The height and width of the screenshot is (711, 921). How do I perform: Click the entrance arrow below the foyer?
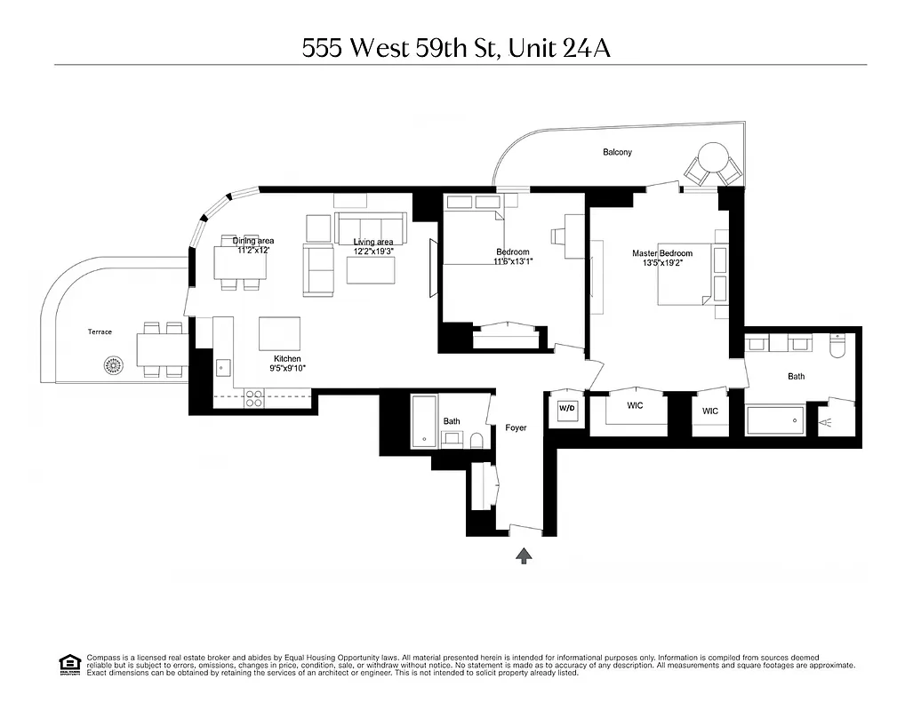[x=525, y=555]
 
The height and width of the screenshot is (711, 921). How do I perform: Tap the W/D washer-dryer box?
[x=566, y=410]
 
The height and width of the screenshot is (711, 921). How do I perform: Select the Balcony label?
[x=617, y=153]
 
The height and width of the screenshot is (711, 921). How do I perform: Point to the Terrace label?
[x=100, y=332]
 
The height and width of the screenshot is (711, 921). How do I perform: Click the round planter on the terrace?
[x=113, y=364]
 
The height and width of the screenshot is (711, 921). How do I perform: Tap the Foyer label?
[x=516, y=427]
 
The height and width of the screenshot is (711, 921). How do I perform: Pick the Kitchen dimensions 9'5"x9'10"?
[x=287, y=367]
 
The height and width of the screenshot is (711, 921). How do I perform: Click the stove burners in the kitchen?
[x=253, y=399]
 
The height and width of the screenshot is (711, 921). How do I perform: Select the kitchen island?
[x=279, y=333]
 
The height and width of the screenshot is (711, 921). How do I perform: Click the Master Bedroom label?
[x=662, y=253]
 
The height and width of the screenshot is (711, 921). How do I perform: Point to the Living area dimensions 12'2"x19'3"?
[x=373, y=252]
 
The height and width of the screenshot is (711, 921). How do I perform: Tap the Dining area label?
[x=253, y=241]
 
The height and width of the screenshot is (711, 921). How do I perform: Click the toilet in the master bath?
[x=837, y=346]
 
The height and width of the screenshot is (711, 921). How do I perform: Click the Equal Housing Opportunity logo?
[x=68, y=663]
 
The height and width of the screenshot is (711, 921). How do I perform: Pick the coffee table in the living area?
[x=370, y=270]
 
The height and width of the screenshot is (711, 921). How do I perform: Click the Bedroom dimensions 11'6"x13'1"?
[x=512, y=261]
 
